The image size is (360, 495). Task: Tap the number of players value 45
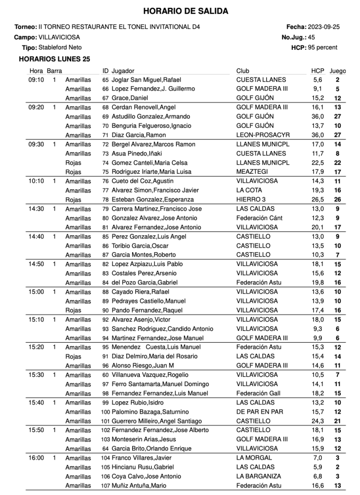tap(311, 37)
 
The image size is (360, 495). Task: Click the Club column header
tap(243, 71)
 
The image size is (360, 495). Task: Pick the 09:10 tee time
tap(36, 80)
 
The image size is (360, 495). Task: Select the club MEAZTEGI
tap(252, 172)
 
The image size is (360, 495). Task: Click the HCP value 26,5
tap(317, 199)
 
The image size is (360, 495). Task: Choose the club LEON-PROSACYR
tap(262, 135)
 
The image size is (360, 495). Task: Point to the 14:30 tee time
tap(36, 209)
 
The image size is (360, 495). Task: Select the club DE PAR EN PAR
tap(260, 412)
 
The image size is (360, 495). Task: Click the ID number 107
tap(105, 485)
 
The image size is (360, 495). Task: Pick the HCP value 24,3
tap(317, 421)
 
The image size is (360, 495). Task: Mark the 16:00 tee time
tap(36, 458)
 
